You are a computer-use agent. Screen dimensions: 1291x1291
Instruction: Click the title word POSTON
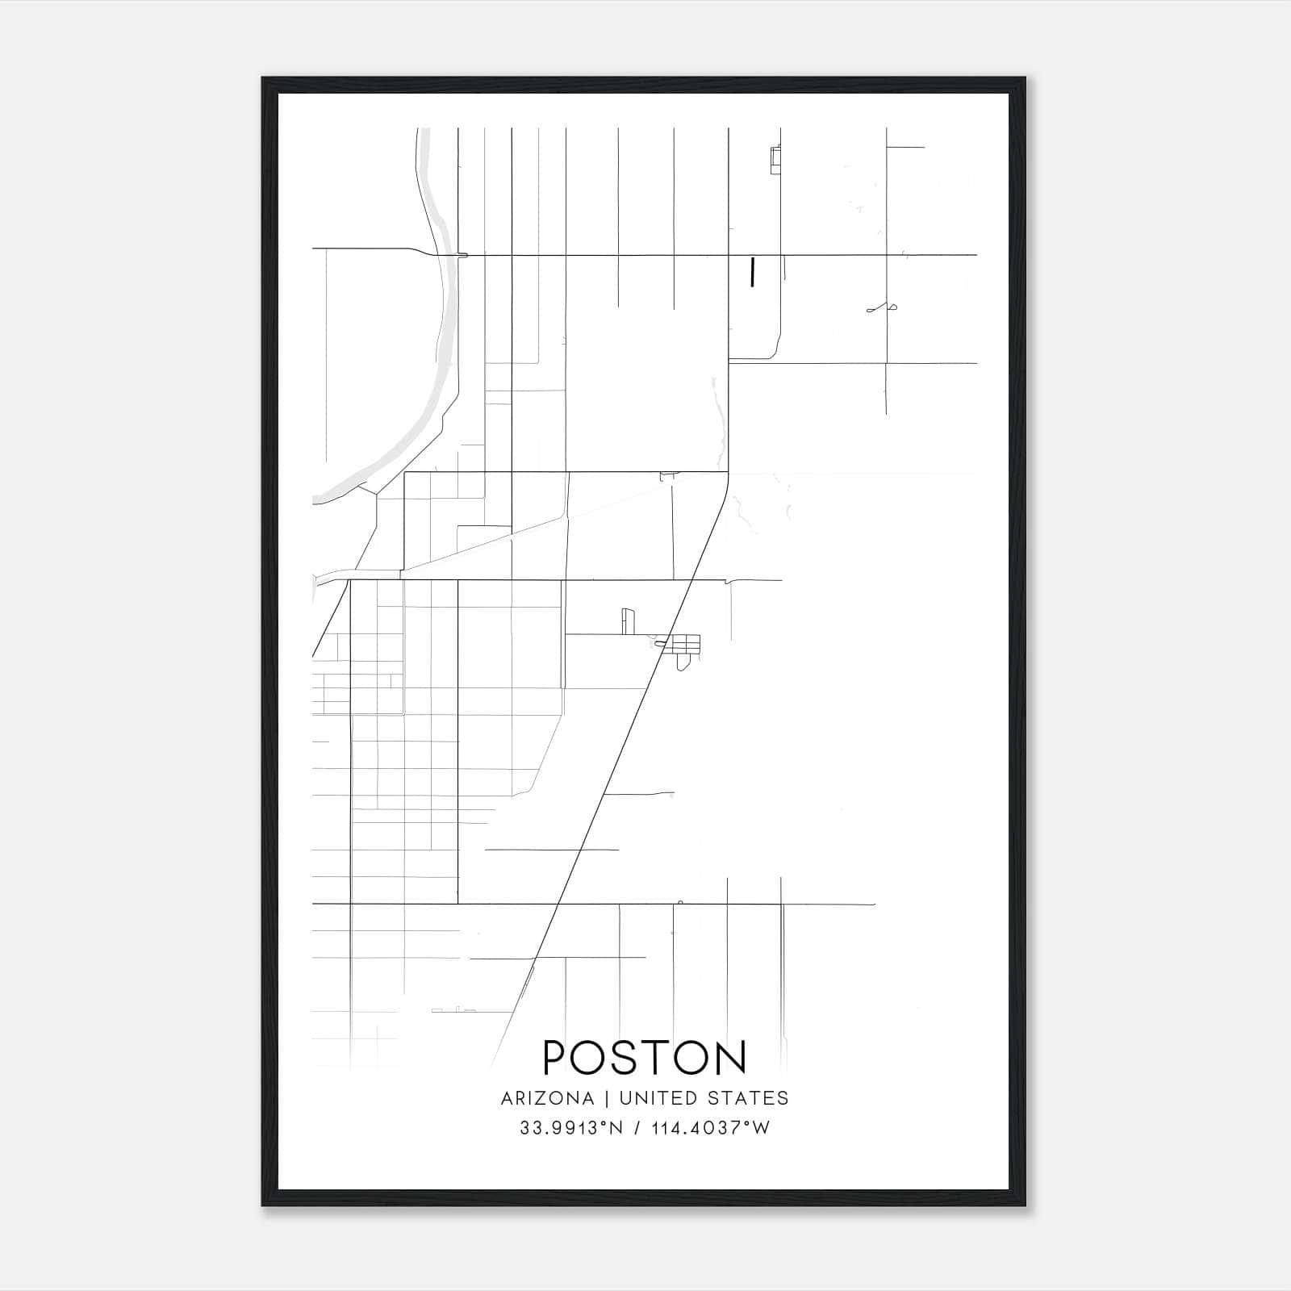click(x=645, y=1058)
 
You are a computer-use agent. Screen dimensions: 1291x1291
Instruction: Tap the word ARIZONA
click(x=547, y=1098)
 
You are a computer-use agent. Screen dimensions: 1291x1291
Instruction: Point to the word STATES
click(x=749, y=1098)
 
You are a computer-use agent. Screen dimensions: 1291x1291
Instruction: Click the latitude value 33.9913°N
click(x=571, y=1128)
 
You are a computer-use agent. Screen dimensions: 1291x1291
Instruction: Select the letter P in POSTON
click(x=556, y=1058)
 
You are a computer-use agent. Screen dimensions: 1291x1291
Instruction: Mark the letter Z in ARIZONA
click(x=542, y=1098)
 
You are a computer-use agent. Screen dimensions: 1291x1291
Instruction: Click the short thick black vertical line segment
click(x=752, y=273)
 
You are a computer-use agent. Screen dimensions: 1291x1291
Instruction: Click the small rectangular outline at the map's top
click(x=775, y=160)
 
